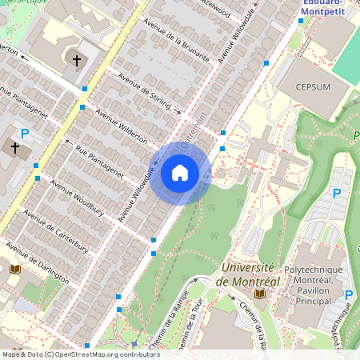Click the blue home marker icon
point(180,172)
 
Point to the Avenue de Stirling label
point(144,88)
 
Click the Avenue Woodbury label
point(77,198)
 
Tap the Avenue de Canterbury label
point(55,230)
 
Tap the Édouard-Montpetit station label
point(329,8)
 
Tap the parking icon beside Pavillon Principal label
point(348,295)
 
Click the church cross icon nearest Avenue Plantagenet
point(15,147)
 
